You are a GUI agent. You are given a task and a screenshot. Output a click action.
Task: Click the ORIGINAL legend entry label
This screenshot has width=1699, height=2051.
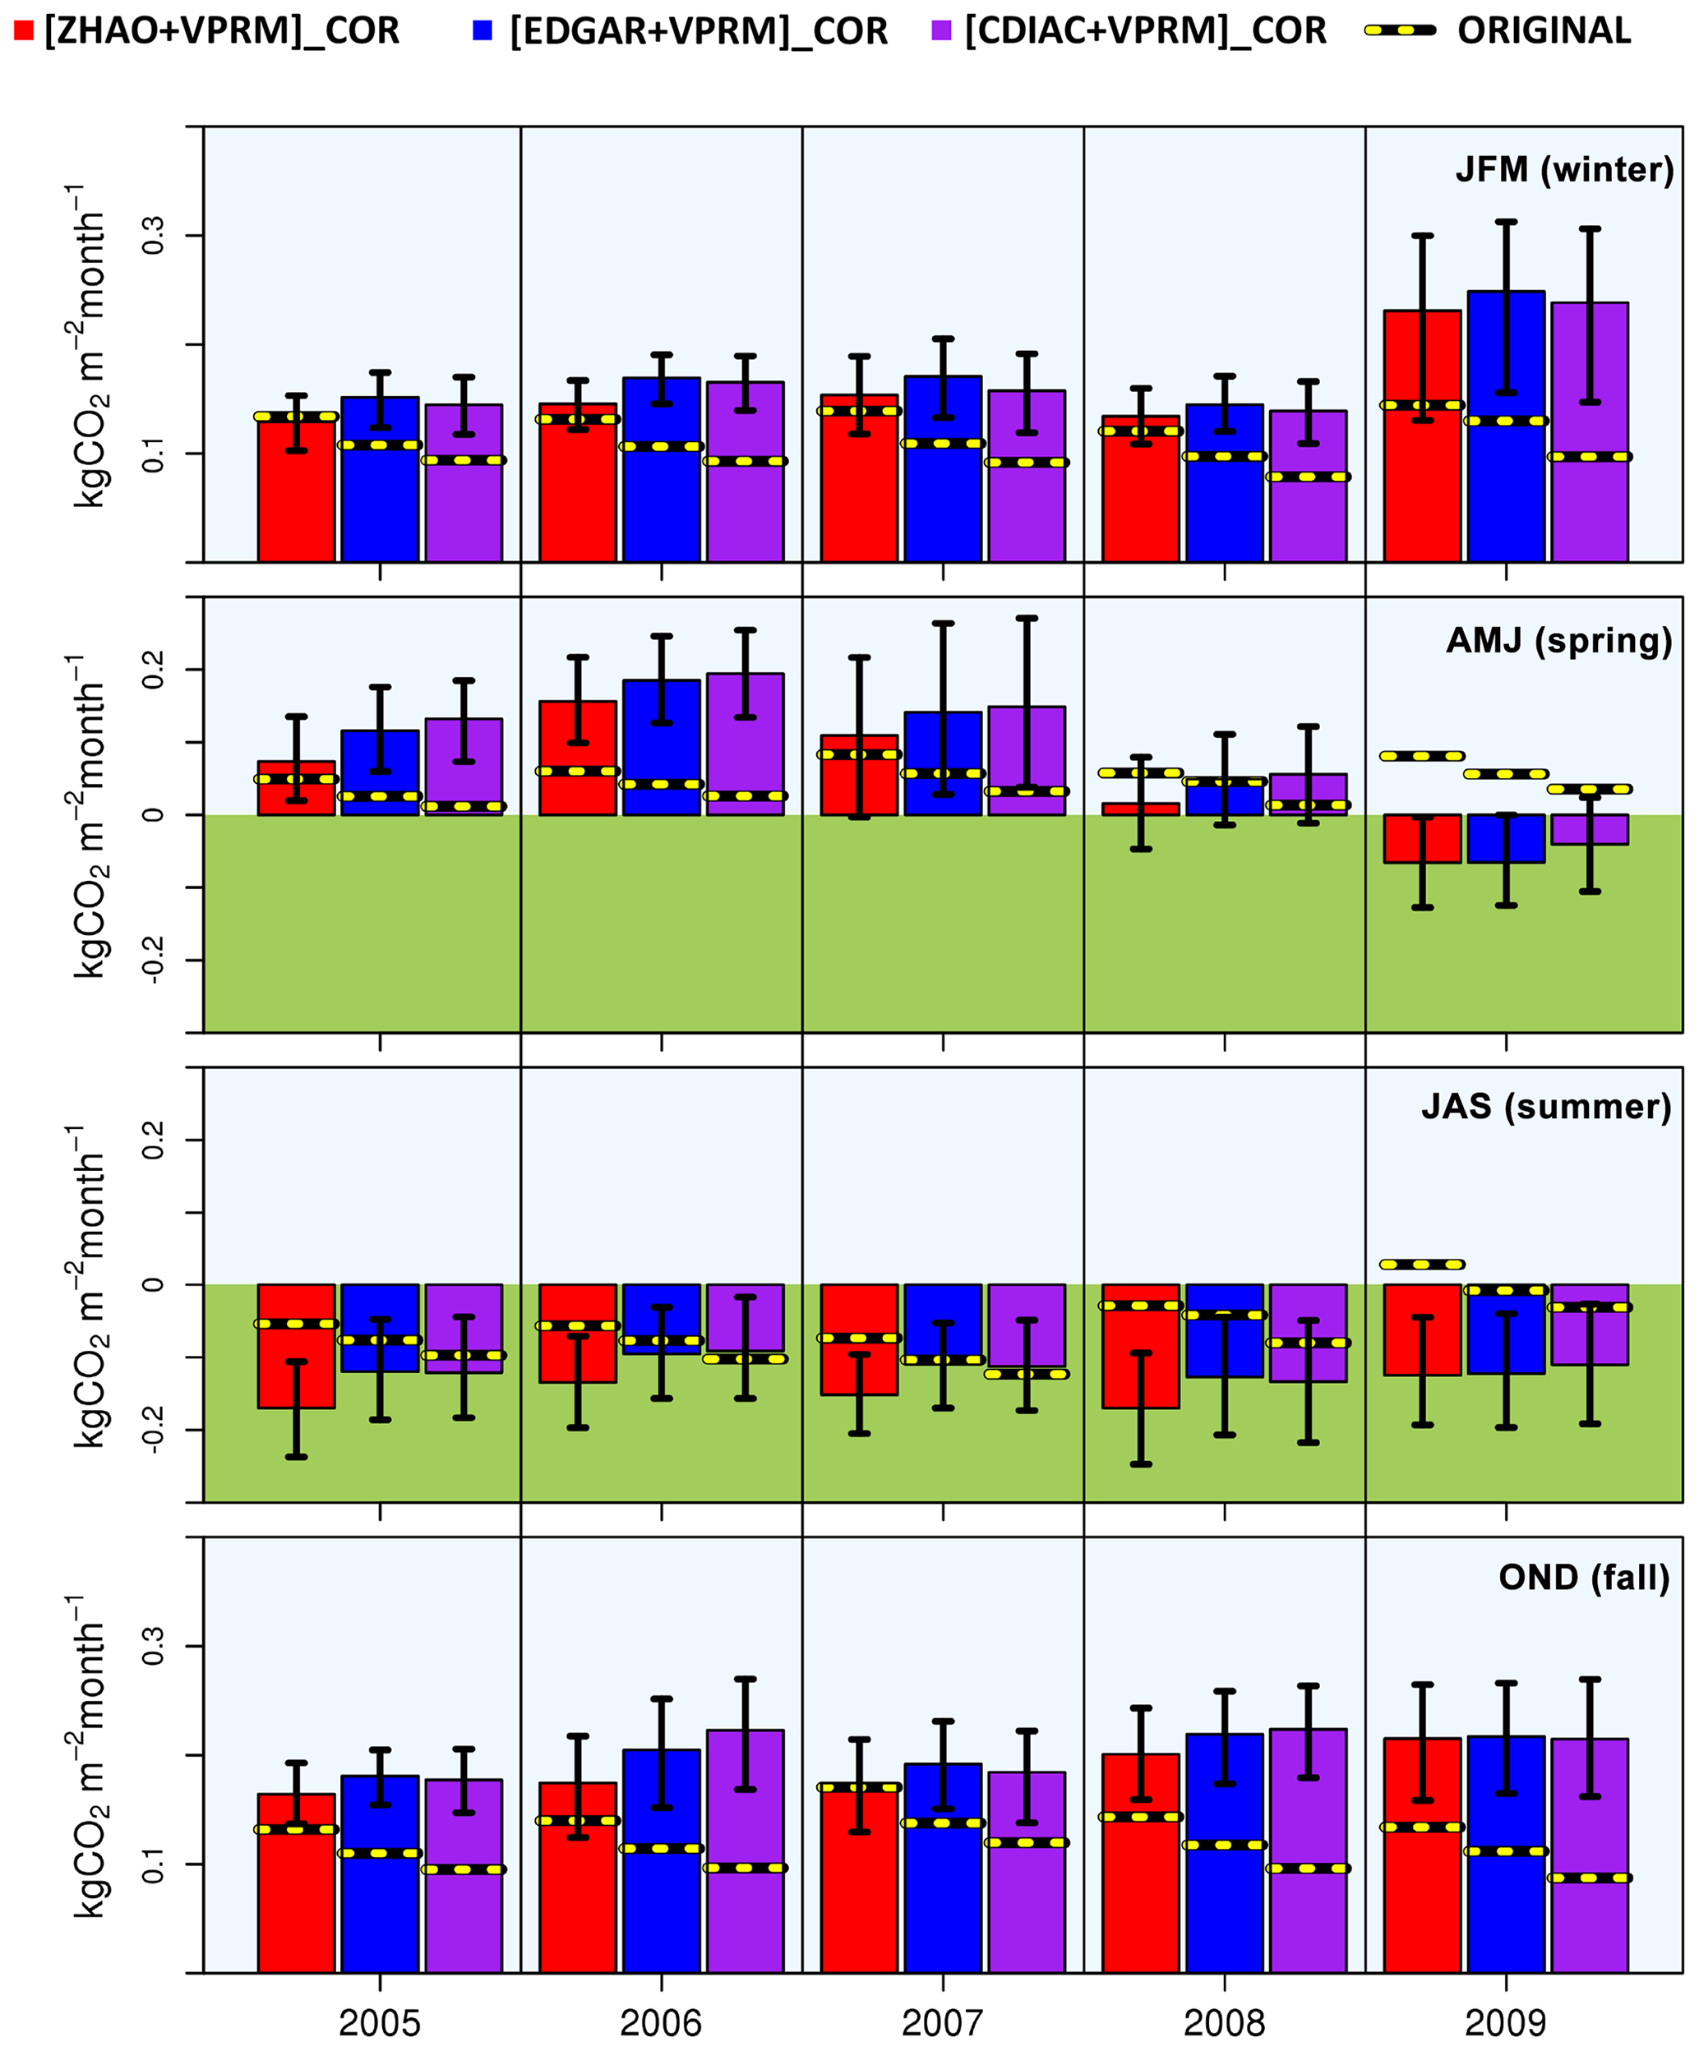tap(1543, 31)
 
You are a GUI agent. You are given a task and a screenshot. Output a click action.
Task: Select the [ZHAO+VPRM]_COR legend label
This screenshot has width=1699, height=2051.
tap(222, 31)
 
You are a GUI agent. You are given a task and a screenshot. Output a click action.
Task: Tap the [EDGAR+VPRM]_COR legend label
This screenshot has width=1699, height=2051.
tap(698, 31)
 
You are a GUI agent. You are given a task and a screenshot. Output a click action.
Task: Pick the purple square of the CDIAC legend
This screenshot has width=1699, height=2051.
tap(941, 31)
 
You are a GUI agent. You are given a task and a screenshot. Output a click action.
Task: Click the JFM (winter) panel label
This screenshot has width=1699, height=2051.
tap(1564, 170)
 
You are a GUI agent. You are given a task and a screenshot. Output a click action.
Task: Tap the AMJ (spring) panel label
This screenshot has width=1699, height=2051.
tap(1558, 641)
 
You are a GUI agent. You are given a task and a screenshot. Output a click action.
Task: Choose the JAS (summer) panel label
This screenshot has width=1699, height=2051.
tap(1545, 1107)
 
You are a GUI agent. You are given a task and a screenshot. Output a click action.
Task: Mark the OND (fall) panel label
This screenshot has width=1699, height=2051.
tap(1584, 1578)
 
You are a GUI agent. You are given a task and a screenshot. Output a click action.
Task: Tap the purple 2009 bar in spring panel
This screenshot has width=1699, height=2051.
tap(1590, 829)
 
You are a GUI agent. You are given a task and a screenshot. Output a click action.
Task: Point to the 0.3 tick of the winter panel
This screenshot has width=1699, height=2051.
tap(154, 235)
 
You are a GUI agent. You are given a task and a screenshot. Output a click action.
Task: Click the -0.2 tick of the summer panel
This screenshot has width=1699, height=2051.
tap(154, 1430)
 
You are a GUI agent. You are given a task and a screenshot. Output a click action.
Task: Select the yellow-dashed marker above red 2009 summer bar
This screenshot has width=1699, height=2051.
tap(1421, 1264)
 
